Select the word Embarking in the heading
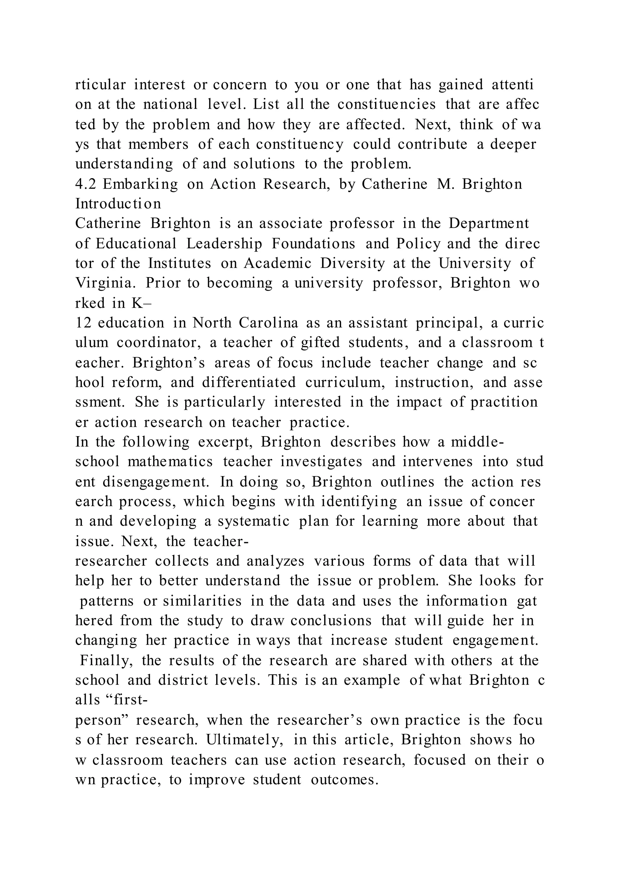[140, 184]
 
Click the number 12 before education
[82, 323]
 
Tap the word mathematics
[170, 462]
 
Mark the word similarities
[202, 601]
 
